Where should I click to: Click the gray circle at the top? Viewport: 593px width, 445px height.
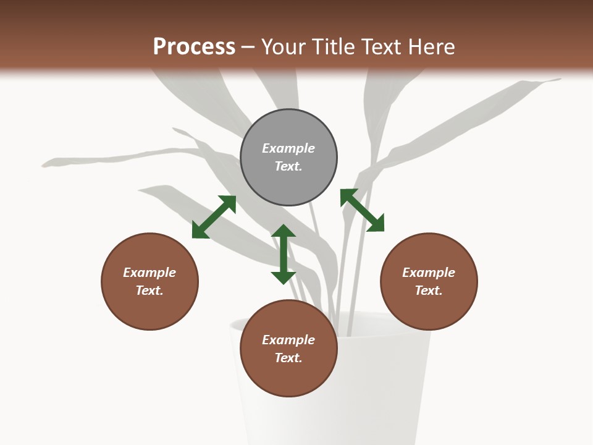click(x=288, y=157)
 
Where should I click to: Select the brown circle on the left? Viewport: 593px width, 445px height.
click(x=149, y=281)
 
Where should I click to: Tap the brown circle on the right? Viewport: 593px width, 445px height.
click(x=429, y=281)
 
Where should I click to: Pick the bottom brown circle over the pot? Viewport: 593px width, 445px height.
click(x=288, y=349)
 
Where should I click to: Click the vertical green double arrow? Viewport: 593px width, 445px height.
click(x=284, y=254)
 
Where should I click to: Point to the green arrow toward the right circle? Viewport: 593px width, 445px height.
click(x=362, y=210)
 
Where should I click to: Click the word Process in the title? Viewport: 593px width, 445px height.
click(x=194, y=46)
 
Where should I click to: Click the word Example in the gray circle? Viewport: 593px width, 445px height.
click(x=288, y=148)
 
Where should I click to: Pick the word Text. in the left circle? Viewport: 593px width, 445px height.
click(x=149, y=290)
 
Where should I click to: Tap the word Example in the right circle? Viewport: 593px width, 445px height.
click(x=429, y=273)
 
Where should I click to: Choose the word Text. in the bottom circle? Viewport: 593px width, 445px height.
click(x=288, y=358)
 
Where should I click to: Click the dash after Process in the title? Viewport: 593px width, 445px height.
click(x=248, y=47)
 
